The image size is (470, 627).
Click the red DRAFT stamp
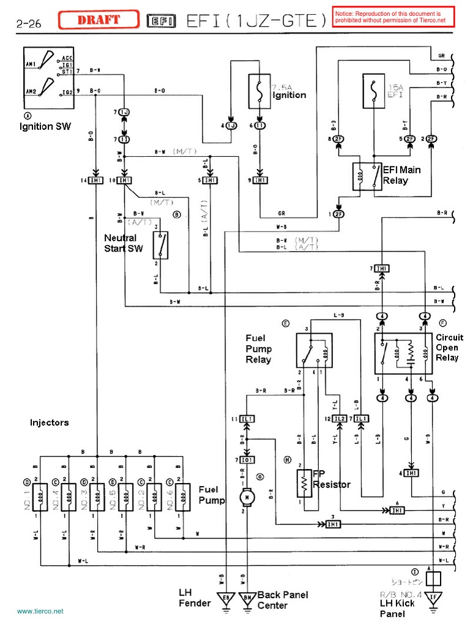pyautogui.click(x=99, y=20)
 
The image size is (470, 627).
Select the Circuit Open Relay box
pyautogui.click(x=403, y=354)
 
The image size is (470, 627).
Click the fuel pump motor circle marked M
pyautogui.click(x=246, y=497)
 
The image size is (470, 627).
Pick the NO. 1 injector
pyautogui.click(x=40, y=497)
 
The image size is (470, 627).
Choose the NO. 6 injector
pyautogui.click(x=182, y=497)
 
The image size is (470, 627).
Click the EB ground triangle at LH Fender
pyautogui.click(x=225, y=598)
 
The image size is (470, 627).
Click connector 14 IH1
pyautogui.click(x=96, y=181)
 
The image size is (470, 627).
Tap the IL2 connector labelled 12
pyautogui.click(x=340, y=418)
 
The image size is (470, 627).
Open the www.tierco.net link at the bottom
pyautogui.click(x=40, y=612)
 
